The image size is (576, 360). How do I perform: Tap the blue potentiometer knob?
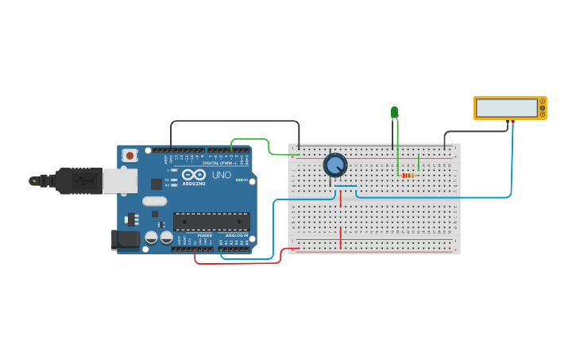tap(335, 165)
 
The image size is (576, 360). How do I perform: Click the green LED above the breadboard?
tap(394, 112)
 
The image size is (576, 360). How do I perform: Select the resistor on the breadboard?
tap(408, 175)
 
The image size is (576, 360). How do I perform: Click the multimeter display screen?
tap(506, 108)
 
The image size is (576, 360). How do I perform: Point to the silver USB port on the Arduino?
tap(119, 180)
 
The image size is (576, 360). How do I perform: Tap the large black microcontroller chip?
tap(211, 222)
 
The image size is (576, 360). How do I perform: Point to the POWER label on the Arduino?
tap(204, 236)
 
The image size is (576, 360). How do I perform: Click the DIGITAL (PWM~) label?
tap(222, 163)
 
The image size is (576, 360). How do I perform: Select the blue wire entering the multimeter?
tap(512, 159)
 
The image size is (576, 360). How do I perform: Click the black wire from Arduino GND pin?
tap(234, 122)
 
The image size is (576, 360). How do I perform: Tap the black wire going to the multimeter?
tap(477, 132)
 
